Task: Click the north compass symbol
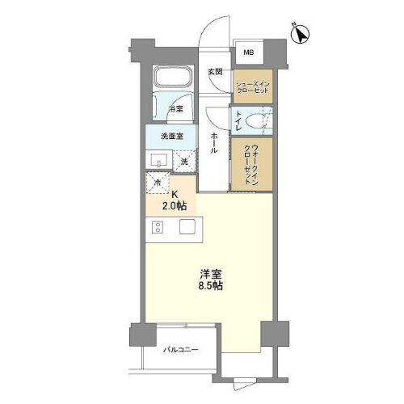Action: pos(301,35)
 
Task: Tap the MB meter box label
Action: pos(249,55)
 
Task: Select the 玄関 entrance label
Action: pos(214,72)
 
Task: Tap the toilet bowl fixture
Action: pos(257,122)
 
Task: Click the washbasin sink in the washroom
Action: pos(156,158)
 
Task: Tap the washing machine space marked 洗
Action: pos(185,161)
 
